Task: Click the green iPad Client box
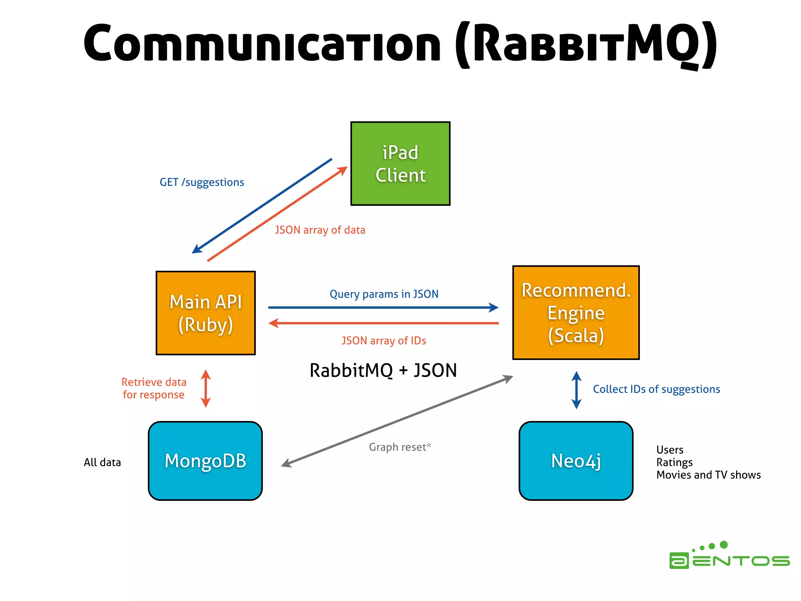400,164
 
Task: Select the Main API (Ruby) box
206,313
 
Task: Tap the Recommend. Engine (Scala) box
576,313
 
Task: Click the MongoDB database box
205,461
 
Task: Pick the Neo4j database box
576,461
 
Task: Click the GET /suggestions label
202,182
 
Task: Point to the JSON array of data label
320,230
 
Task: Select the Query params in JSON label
384,294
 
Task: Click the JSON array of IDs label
384,341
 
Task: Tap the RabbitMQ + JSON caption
383,371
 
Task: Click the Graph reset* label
400,447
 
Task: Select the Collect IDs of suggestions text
656,389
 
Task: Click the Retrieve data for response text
154,389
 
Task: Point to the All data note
102,462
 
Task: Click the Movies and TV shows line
708,475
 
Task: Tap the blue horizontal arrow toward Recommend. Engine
383,308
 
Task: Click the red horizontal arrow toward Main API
383,323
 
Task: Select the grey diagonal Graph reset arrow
397,421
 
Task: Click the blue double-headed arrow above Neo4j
576,390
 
